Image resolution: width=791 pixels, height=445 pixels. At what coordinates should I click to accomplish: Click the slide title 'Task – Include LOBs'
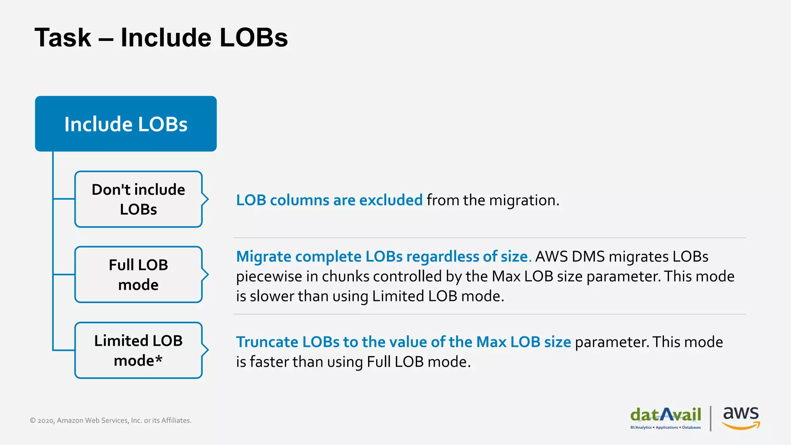coord(161,38)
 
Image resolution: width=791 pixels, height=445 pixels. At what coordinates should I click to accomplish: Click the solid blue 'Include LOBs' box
coord(126,124)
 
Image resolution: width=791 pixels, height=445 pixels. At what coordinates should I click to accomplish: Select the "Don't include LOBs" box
coord(138,199)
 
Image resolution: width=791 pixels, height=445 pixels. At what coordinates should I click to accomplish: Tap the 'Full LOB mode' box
coord(138,275)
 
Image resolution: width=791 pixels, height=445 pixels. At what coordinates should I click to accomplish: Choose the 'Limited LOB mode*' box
coord(138,350)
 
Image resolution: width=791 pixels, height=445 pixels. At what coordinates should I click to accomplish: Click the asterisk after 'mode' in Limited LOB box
coord(159,359)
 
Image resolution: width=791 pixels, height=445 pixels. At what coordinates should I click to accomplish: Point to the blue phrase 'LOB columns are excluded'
coord(329,200)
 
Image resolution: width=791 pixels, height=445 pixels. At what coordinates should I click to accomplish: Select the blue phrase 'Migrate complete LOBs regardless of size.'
coord(384,256)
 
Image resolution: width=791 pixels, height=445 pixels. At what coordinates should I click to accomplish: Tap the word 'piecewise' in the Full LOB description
coord(269,277)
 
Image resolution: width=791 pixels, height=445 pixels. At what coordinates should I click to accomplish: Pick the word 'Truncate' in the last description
coord(267,342)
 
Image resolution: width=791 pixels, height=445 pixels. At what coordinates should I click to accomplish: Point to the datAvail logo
coord(665,415)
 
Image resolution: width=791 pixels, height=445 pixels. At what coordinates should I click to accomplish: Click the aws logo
coord(741,414)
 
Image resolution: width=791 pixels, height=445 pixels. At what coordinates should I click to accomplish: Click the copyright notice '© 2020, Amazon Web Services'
coord(110,420)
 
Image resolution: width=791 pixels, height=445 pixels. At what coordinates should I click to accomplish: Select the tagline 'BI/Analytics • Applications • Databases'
coord(665,428)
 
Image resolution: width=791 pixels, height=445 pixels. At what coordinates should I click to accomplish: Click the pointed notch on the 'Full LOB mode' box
coord(206,275)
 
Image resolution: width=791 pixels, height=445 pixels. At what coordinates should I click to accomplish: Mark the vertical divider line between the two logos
coord(711,418)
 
